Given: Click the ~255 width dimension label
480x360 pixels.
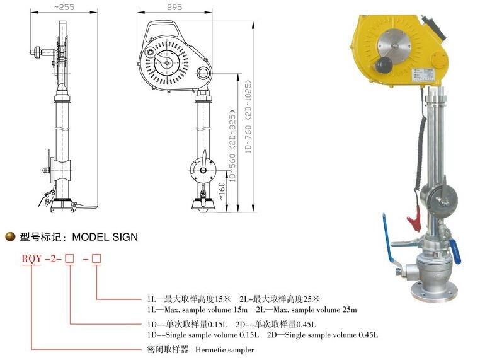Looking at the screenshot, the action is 64,7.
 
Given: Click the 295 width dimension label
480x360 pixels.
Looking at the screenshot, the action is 174,7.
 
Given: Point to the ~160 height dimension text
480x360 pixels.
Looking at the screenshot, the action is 222,192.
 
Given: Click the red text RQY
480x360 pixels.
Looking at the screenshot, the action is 31,259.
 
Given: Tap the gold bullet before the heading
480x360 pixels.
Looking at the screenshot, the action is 11,236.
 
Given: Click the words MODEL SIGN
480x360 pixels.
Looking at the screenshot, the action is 105,237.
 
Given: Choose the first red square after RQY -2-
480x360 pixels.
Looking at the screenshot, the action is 70,259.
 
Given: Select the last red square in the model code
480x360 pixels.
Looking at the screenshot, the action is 96,259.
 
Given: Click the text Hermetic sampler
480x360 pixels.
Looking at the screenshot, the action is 224,349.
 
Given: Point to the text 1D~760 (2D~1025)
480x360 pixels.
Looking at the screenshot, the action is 248,117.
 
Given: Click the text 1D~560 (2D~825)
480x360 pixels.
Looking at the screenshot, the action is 233,146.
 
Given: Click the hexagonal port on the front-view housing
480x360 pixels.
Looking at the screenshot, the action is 203,74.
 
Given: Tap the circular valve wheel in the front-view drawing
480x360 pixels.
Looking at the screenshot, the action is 203,170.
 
